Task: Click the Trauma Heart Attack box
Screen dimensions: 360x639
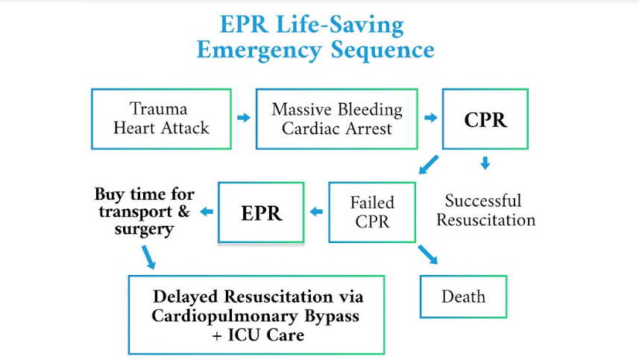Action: (161, 119)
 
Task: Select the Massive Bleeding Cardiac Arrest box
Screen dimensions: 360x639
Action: (336, 119)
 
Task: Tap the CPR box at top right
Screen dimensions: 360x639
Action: (485, 119)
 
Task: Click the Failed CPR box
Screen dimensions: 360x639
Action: (371, 212)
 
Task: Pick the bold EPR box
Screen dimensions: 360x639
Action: (261, 212)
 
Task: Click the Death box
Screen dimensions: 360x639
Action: (463, 297)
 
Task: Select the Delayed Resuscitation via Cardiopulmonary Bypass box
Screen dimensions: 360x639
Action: (256, 315)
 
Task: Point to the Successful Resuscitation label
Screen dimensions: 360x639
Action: (485, 210)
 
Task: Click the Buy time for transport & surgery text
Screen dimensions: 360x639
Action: (144, 212)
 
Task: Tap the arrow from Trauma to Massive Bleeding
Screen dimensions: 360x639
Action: (243, 118)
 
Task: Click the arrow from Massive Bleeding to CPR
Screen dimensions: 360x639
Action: (429, 118)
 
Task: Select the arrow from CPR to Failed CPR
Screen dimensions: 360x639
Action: (428, 164)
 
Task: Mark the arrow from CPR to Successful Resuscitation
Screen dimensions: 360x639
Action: (485, 162)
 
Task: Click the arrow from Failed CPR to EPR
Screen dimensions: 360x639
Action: (316, 212)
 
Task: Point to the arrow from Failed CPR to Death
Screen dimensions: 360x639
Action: (429, 253)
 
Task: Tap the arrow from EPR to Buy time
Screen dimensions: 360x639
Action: (206, 212)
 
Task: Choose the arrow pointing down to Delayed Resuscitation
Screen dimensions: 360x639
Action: (148, 257)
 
